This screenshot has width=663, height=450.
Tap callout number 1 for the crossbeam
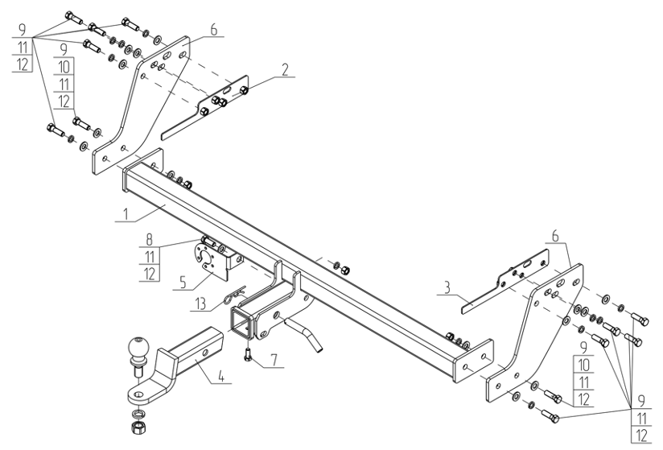126,213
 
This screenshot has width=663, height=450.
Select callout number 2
286,69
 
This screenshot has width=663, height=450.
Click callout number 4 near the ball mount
220,376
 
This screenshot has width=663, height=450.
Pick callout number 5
183,282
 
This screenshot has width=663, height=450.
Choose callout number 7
274,360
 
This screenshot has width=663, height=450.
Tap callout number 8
150,240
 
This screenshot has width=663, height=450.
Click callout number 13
200,303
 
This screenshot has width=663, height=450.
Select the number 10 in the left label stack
64,67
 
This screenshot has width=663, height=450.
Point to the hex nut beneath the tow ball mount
138,428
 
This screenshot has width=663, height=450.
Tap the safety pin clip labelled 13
234,295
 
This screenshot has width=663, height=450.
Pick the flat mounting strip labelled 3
505,281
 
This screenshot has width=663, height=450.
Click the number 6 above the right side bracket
555,236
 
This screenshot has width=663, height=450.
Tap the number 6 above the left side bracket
213,30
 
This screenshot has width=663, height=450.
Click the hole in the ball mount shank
205,353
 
